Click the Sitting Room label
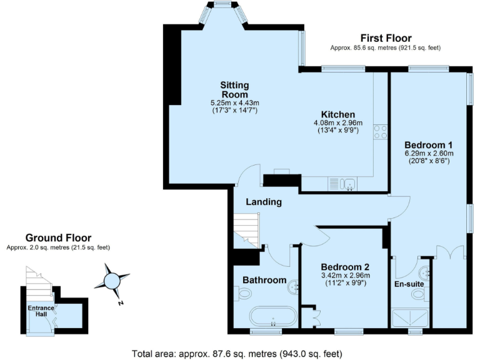click(x=234, y=89)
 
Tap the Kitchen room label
click(x=338, y=114)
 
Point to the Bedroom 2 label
click(x=345, y=266)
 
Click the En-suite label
click(x=409, y=284)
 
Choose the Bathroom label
click(x=264, y=280)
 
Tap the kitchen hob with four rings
click(x=380, y=132)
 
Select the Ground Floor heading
click(x=58, y=237)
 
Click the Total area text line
click(x=237, y=353)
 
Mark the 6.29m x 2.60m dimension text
click(x=428, y=152)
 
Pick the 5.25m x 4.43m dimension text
click(x=234, y=102)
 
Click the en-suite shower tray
click(x=410, y=317)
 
